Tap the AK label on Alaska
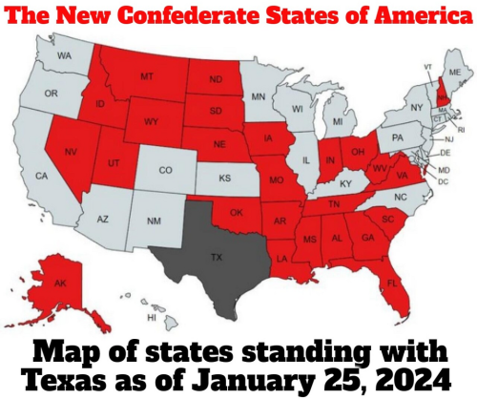pyautogui.click(x=59, y=283)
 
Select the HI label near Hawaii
pyautogui.click(x=151, y=316)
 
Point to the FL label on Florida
pyautogui.click(x=393, y=283)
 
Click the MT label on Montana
pyautogui.click(x=147, y=76)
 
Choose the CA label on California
pyautogui.click(x=41, y=176)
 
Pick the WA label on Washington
pyautogui.click(x=65, y=55)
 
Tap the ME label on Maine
pyautogui.click(x=455, y=73)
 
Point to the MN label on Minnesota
pyautogui.click(x=258, y=96)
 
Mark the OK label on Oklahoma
pyautogui.click(x=238, y=212)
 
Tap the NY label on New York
pyautogui.click(x=417, y=108)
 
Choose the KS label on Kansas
pyautogui.click(x=225, y=178)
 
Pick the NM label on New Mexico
pyautogui.click(x=154, y=221)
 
